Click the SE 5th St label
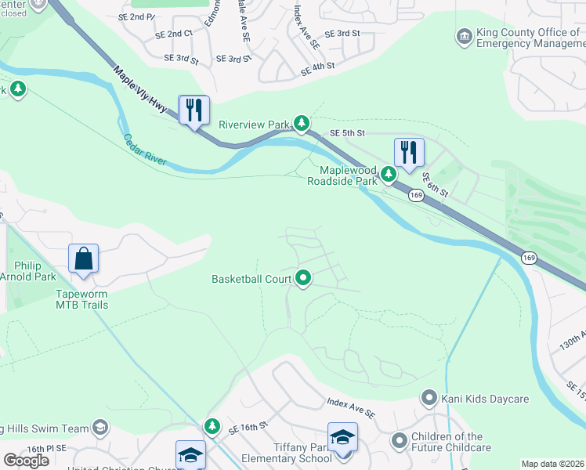click(348, 133)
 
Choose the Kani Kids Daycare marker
click(429, 399)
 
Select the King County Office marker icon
click(463, 36)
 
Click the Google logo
click(26, 460)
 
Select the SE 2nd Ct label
click(174, 34)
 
